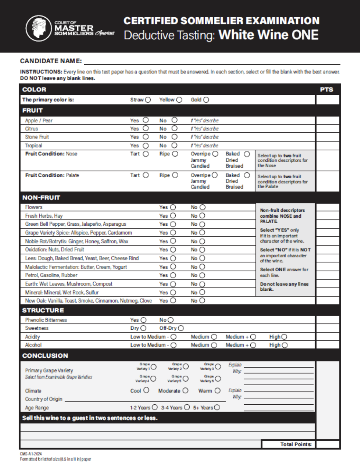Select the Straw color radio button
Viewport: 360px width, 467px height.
click(148, 100)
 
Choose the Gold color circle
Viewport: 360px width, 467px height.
click(206, 100)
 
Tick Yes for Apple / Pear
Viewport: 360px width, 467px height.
click(146, 120)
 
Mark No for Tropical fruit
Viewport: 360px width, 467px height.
click(174, 145)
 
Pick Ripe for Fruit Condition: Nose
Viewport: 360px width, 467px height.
click(175, 154)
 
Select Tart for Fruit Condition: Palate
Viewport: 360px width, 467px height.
click(146, 175)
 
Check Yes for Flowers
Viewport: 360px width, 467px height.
click(173, 207)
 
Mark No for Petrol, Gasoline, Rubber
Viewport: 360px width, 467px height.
click(202, 275)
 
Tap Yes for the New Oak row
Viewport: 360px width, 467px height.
click(173, 300)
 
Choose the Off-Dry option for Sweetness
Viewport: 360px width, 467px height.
click(181, 328)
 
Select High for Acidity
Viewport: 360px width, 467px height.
click(284, 337)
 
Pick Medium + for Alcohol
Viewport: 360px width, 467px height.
click(253, 345)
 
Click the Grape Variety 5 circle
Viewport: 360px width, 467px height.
click(185, 379)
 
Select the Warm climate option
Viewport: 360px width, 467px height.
click(217, 391)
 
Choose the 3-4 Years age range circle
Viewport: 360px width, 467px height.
click(187, 408)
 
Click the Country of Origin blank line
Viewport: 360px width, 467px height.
click(145, 399)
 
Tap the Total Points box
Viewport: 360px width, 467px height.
click(327, 444)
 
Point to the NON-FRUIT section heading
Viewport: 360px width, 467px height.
click(41, 197)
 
